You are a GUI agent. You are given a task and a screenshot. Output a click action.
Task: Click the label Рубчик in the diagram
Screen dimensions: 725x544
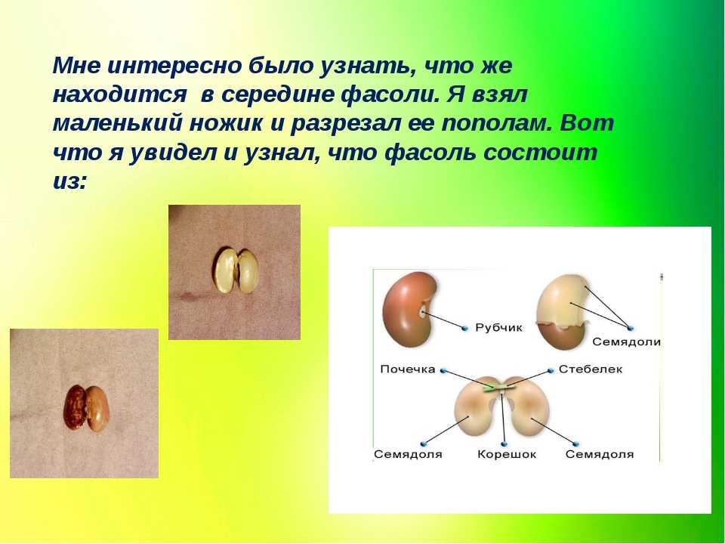[x=498, y=328]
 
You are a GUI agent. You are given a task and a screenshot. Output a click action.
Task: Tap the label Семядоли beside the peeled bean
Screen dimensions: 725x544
[x=626, y=342]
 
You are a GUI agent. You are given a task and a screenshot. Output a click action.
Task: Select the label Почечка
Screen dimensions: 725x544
[x=407, y=369]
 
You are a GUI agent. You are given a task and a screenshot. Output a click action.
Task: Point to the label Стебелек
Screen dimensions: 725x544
[x=590, y=369]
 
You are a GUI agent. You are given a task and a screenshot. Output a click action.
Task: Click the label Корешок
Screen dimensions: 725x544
[x=506, y=454]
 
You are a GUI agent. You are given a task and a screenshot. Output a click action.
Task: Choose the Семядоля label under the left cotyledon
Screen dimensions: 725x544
[x=408, y=454]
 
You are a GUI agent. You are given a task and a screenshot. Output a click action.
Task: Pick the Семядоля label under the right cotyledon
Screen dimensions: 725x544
[x=599, y=454]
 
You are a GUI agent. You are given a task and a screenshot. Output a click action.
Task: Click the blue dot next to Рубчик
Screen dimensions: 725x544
[x=464, y=329]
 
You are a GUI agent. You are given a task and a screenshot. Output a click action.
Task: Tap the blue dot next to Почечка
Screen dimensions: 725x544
[x=443, y=370]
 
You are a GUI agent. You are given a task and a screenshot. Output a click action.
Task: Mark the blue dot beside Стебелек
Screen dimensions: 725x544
[x=551, y=370]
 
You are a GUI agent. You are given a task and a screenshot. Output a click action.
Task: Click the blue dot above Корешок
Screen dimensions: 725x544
[x=504, y=444]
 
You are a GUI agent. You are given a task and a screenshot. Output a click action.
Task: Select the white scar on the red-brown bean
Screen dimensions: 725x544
[x=423, y=312]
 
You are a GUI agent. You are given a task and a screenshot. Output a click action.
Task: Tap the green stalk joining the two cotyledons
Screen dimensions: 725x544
[x=499, y=387]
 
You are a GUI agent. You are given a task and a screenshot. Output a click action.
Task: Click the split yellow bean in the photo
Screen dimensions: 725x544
[x=235, y=271]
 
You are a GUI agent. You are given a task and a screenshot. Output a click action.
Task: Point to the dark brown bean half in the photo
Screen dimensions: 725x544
[x=75, y=407]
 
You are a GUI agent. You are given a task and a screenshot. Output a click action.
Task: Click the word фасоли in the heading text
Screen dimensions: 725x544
[x=389, y=94]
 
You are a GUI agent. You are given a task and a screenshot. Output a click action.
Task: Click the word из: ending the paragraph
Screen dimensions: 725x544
[x=69, y=182]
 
